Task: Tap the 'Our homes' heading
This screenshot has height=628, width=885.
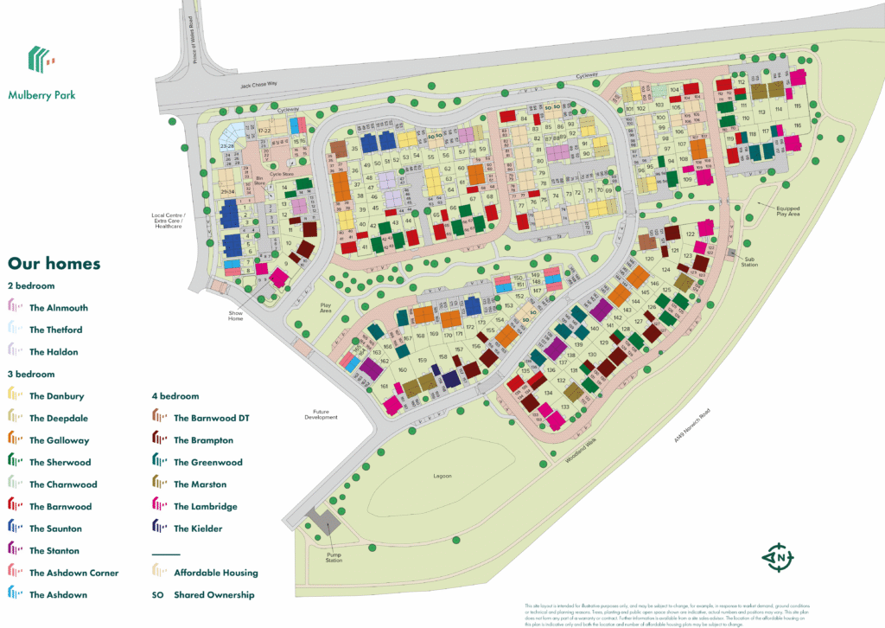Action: click(54, 263)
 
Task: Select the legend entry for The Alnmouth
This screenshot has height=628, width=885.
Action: click(58, 307)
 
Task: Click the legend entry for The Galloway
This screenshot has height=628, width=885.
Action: click(59, 440)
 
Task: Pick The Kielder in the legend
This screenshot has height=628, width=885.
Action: click(198, 529)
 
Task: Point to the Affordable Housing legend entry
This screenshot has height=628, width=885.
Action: click(215, 573)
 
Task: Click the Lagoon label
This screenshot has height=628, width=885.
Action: click(442, 476)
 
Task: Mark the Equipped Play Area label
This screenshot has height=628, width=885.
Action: click(787, 210)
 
